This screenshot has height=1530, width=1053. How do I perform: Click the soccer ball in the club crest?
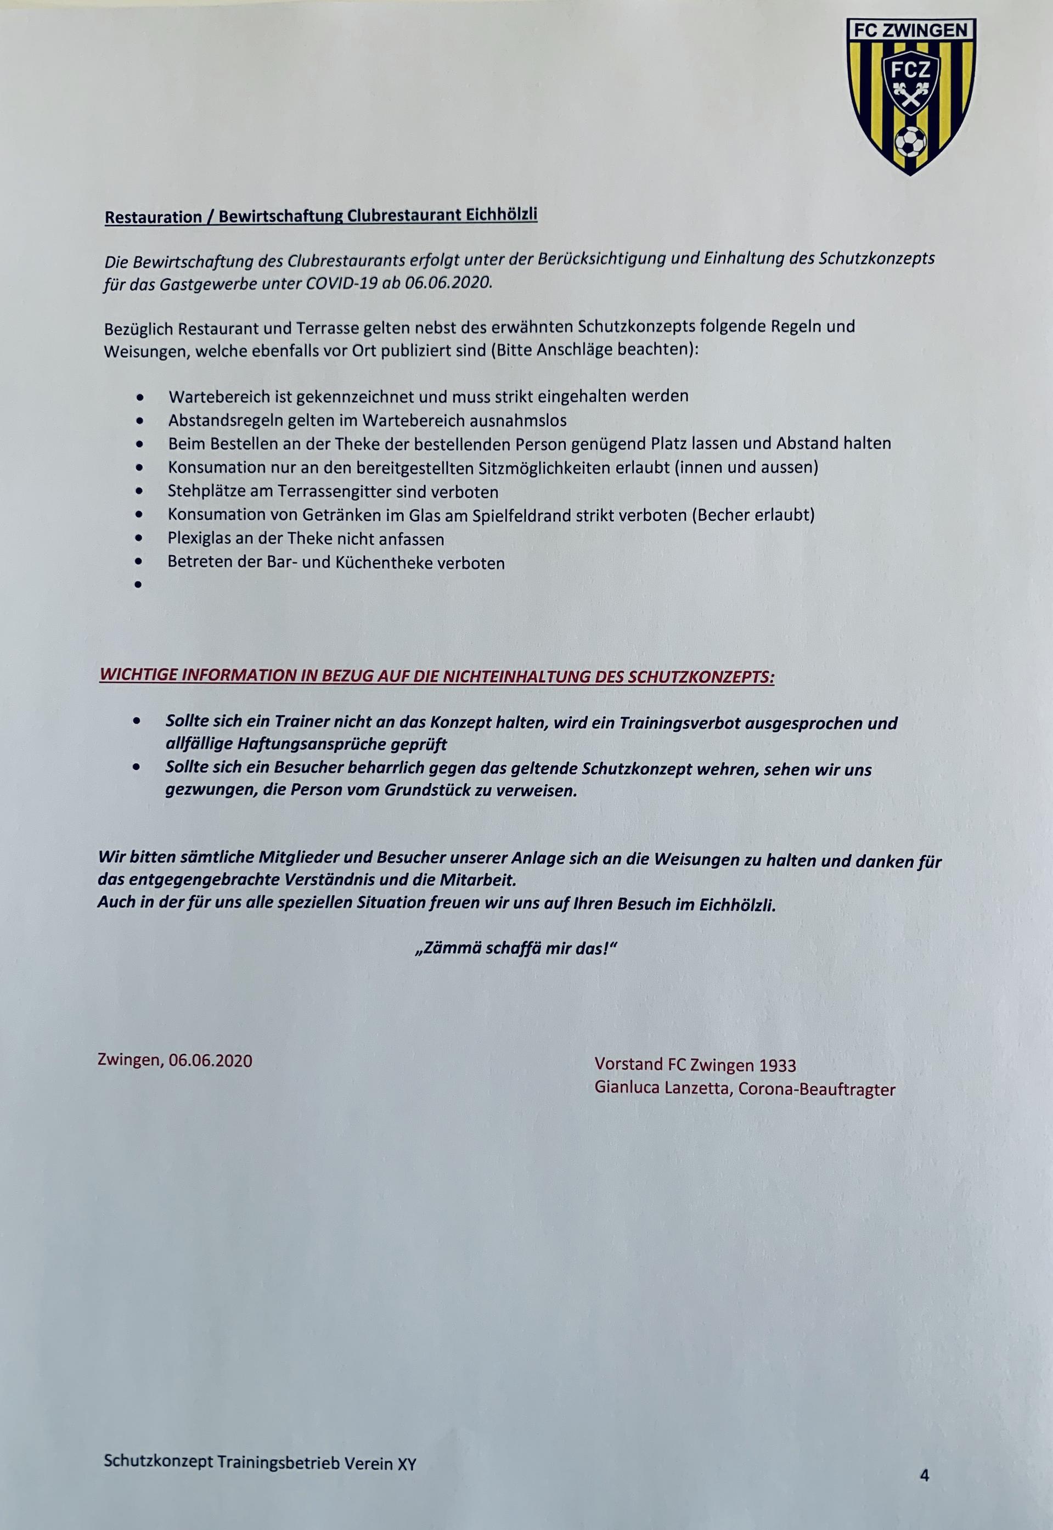point(910,140)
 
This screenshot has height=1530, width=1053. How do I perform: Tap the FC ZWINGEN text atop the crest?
point(910,30)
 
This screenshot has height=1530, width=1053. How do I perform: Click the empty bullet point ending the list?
point(138,584)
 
